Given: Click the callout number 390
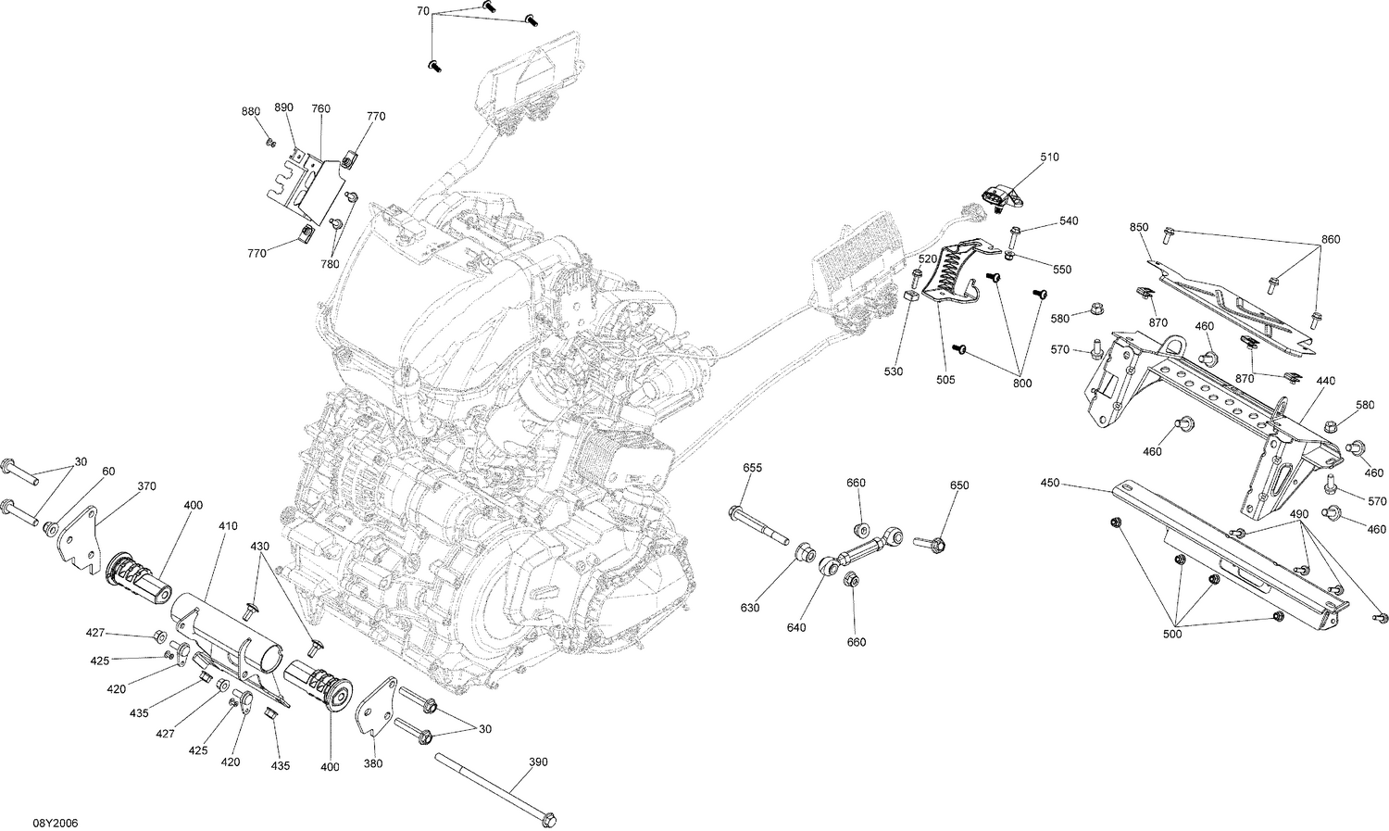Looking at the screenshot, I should (538, 762).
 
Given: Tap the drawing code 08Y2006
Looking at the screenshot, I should (56, 823).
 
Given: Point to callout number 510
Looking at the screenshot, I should (1048, 157).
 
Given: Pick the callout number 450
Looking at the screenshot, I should (1049, 483).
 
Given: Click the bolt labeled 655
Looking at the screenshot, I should (757, 524).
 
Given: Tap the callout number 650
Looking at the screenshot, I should (959, 485).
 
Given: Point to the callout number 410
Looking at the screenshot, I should (228, 525).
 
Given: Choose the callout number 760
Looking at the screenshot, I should (320, 109).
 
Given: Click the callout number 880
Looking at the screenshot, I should (251, 111).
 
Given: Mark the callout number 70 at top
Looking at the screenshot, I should (422, 11).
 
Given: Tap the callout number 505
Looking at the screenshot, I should (945, 379).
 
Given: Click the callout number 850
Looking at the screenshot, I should (1138, 227).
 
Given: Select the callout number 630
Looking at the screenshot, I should (749, 608).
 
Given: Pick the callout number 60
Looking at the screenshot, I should (108, 472).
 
